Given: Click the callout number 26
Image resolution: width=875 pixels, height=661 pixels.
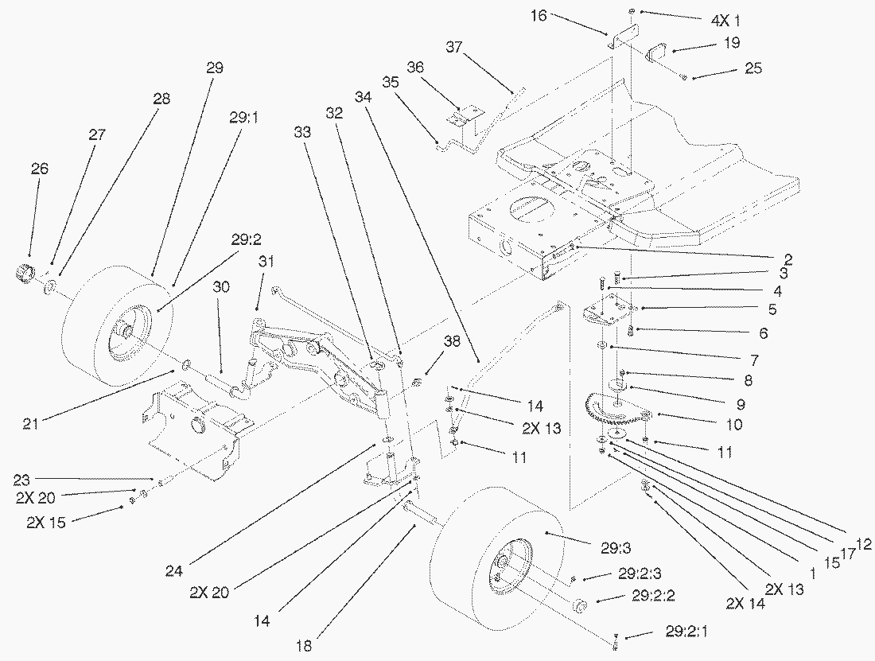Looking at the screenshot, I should [40, 169].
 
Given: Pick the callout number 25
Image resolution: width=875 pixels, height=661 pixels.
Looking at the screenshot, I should [752, 69].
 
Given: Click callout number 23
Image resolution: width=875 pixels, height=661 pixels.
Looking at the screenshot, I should [21, 479].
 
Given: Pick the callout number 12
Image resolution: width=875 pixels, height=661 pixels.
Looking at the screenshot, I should [864, 544].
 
